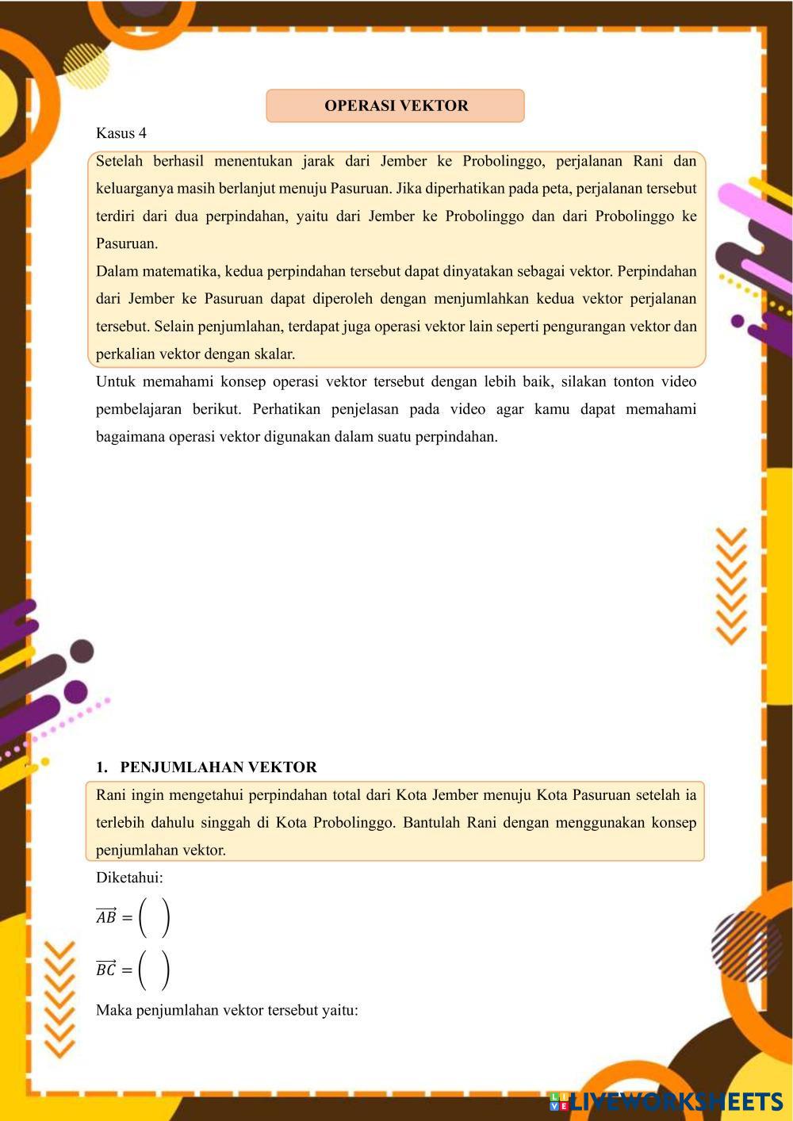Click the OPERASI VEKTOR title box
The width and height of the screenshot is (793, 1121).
pyautogui.click(x=395, y=105)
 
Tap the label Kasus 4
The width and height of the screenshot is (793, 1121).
pyautogui.click(x=121, y=132)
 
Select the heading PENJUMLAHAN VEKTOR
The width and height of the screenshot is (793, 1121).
pyautogui.click(x=218, y=767)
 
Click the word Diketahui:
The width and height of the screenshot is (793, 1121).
pyautogui.click(x=129, y=878)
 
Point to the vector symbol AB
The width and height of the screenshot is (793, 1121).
pyautogui.click(x=106, y=916)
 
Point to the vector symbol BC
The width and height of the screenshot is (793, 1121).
pyautogui.click(x=106, y=969)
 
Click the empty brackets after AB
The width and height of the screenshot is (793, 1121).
pyautogui.click(x=154, y=917)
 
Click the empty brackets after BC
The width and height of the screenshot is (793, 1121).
pyautogui.click(x=154, y=970)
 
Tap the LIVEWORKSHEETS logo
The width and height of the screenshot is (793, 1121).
pyautogui.click(x=665, y=1101)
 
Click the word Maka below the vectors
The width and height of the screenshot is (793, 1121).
pyautogui.click(x=113, y=1010)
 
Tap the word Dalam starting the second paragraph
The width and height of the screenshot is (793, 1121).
pyautogui.click(x=116, y=271)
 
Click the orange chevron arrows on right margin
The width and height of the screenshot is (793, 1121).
pyautogui.click(x=731, y=586)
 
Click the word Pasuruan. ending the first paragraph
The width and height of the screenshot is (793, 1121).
pyautogui.click(x=127, y=243)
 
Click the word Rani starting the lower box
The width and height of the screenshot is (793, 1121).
pyautogui.click(x=111, y=794)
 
